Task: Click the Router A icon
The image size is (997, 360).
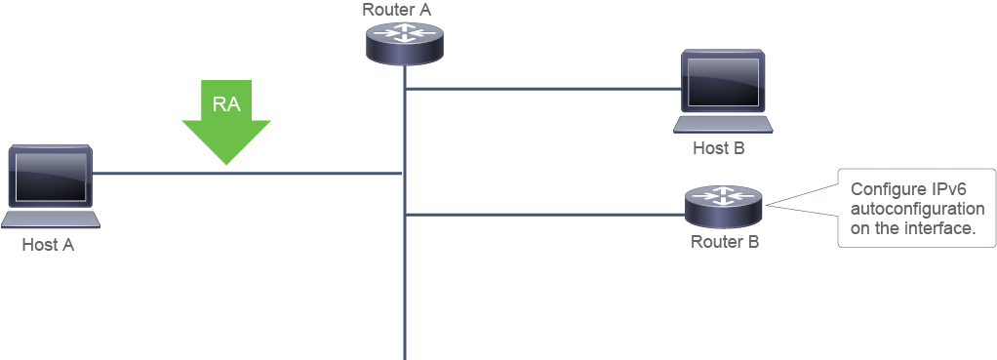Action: pyautogui.click(x=405, y=43)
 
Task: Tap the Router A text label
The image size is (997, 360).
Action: pyautogui.click(x=397, y=10)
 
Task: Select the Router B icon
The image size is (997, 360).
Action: pyautogui.click(x=724, y=208)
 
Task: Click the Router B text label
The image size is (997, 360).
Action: pyautogui.click(x=725, y=242)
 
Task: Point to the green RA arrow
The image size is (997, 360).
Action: pyautogui.click(x=226, y=122)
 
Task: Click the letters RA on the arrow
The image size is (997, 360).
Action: pyautogui.click(x=226, y=104)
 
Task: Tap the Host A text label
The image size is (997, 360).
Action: pyautogui.click(x=49, y=245)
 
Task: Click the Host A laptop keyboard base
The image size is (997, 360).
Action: pyautogui.click(x=51, y=220)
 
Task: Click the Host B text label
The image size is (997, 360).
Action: pyautogui.click(x=719, y=149)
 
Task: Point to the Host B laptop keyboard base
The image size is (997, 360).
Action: pyautogui.click(x=723, y=124)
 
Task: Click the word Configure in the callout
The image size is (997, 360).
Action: pyautogui.click(x=885, y=190)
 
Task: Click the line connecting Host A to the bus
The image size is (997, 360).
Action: pyautogui.click(x=248, y=173)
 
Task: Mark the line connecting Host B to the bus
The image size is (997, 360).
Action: pyautogui.click(x=543, y=89)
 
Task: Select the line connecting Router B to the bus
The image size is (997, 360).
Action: pyautogui.click(x=545, y=215)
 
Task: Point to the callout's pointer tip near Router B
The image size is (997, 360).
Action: pyautogui.click(x=766, y=205)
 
